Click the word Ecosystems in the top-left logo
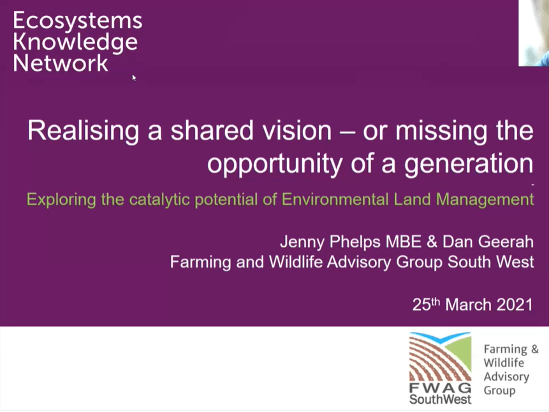point(77,20)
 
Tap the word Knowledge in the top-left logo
point(75,42)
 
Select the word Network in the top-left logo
point(61,63)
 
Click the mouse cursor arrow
point(134,77)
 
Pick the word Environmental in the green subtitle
point(337,200)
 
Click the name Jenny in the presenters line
point(302,242)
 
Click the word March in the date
point(465,304)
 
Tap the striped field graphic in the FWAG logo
point(439,357)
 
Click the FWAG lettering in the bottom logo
point(440,388)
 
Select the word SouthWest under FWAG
point(441,399)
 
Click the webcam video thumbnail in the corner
point(533,33)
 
